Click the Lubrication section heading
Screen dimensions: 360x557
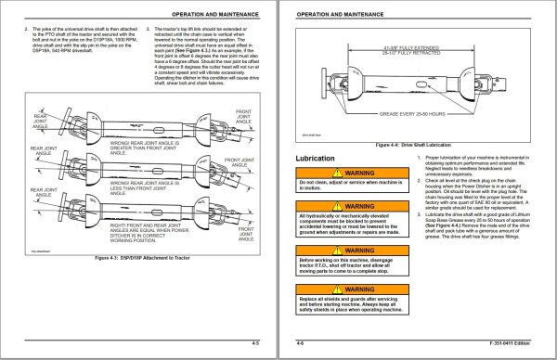click(314, 160)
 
